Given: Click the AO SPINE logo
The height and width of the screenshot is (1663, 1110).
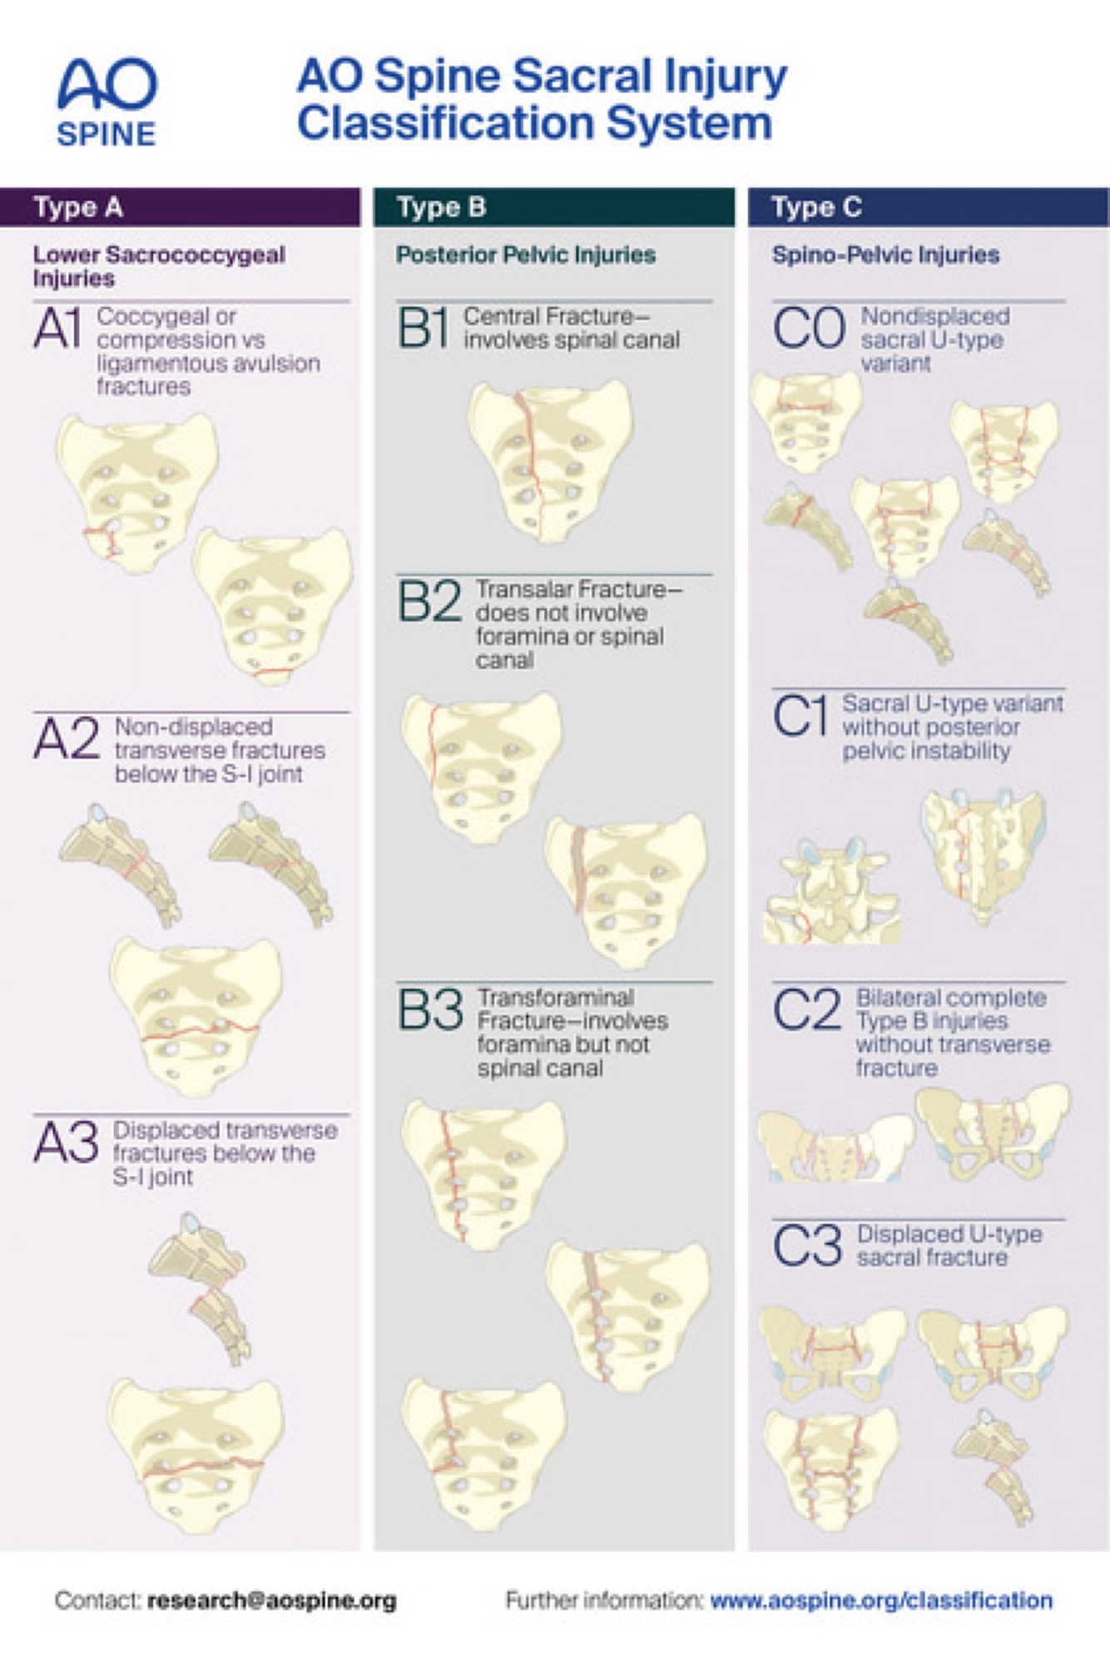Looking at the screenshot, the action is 107,102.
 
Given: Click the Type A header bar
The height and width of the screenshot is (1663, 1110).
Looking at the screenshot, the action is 180,207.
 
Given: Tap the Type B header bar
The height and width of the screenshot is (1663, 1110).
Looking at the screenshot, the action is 553,207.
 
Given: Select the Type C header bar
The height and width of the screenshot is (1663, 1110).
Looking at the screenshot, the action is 927,207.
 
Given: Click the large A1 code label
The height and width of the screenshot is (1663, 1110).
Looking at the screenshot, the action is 58,328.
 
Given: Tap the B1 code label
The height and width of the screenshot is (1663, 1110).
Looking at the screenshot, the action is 424,327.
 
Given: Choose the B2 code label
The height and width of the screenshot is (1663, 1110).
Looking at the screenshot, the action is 429,600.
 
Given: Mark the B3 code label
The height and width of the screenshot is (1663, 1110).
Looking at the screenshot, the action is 430,1009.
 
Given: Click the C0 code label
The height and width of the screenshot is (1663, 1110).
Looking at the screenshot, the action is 809,328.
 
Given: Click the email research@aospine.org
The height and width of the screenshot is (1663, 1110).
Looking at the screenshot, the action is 272,1600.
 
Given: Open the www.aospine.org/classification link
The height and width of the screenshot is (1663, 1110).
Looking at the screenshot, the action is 881,1600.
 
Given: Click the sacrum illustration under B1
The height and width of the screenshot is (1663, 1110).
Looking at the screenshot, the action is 549,460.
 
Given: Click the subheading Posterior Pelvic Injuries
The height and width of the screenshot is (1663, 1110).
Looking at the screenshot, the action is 526,255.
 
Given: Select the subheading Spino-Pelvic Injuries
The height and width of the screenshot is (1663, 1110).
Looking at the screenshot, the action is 885,255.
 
